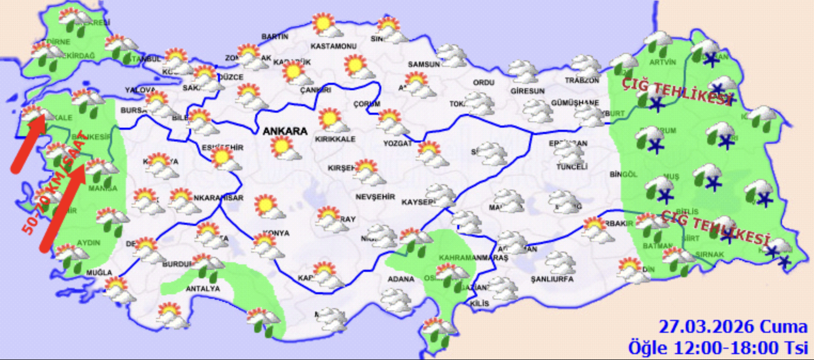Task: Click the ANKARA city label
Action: pos(284,131)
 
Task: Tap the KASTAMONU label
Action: pos(333,46)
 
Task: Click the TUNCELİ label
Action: pos(572,167)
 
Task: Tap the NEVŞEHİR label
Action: pos(375,197)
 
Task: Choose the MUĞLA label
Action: pos(100,273)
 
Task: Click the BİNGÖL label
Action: pos(624,174)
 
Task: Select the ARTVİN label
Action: pos(664,62)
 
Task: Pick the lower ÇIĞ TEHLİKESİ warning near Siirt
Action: pos(715,226)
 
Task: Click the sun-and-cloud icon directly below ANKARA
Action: pos(285,148)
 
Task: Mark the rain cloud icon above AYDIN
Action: pos(112,220)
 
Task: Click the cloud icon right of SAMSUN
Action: pos(452,56)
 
